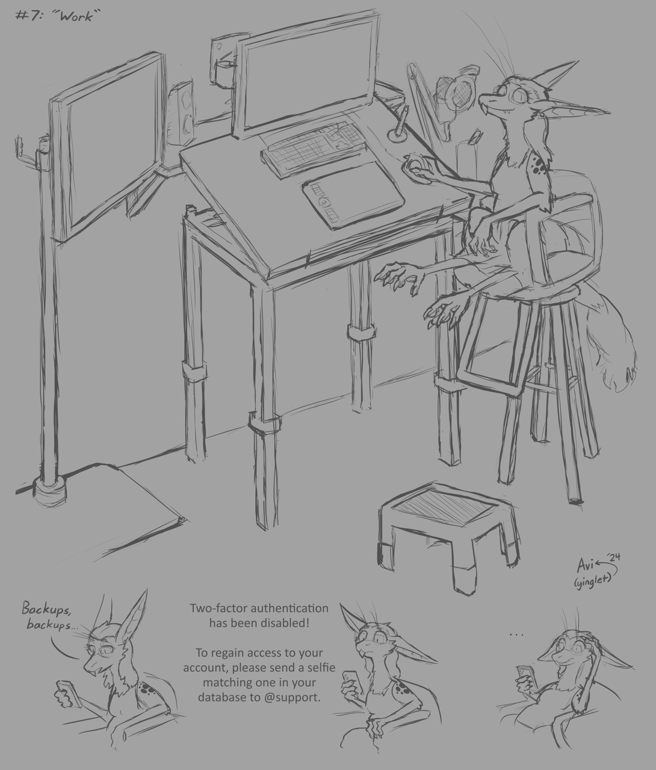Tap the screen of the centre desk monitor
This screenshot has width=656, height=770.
pos(306,76)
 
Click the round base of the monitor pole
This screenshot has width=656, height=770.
pos(50,488)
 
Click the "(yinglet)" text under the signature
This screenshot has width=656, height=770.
pos(593,583)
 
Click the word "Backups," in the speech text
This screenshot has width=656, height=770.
pos(46,609)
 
